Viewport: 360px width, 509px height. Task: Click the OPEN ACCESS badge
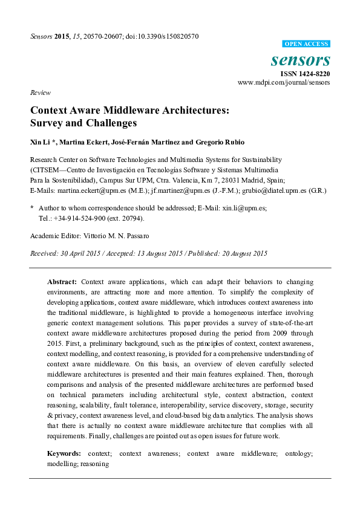coord(306,44)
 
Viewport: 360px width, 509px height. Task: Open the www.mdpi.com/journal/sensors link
coord(284,82)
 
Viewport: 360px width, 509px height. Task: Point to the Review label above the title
coord(39,92)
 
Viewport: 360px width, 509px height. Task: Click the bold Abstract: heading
coord(62,282)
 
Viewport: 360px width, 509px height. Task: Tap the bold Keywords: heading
coord(64,453)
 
